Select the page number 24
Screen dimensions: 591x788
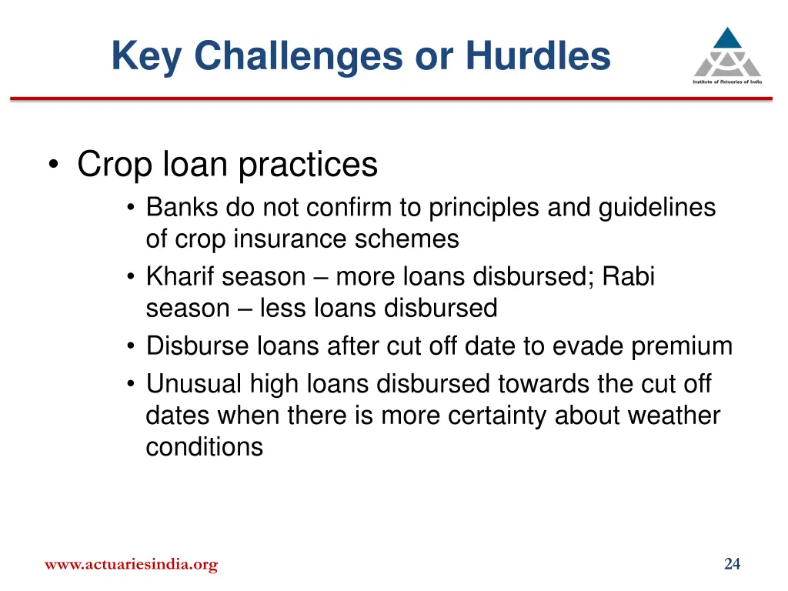[x=732, y=564]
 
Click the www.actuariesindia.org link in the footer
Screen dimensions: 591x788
[x=131, y=565]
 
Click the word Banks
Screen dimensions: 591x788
[x=182, y=207]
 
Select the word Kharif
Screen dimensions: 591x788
[x=180, y=276]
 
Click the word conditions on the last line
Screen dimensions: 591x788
[x=204, y=447]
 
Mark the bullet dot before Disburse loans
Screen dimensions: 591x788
[x=132, y=347]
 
